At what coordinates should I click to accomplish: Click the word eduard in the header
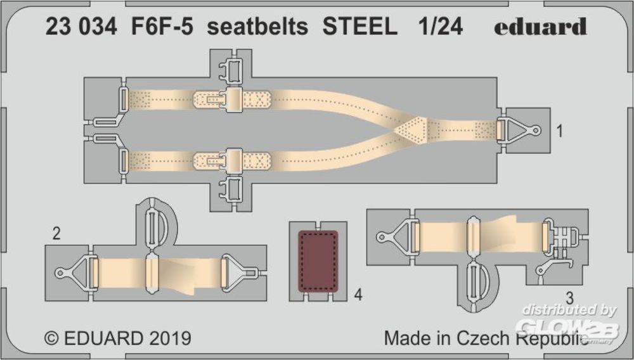(540, 27)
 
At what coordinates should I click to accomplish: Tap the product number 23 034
(81, 27)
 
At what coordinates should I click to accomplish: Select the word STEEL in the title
(360, 27)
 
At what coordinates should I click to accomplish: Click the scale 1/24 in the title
(441, 27)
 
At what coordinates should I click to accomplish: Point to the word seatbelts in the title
(257, 27)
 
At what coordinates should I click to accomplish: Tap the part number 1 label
(560, 131)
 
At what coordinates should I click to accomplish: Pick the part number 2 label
(56, 233)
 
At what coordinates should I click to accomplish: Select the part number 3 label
(569, 299)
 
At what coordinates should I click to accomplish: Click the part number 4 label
(358, 295)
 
